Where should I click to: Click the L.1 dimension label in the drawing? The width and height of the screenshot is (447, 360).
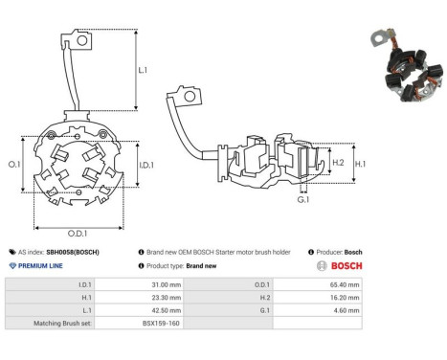143,71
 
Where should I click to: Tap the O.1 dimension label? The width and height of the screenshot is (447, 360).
14,165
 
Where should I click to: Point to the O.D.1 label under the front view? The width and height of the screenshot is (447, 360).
78,233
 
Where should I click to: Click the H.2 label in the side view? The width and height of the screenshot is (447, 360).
338,164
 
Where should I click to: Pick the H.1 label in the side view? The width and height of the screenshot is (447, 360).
362,164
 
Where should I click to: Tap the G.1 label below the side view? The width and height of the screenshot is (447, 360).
302,201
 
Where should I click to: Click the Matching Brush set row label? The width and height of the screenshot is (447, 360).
62,325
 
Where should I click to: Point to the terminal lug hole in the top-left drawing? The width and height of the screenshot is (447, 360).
84,40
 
